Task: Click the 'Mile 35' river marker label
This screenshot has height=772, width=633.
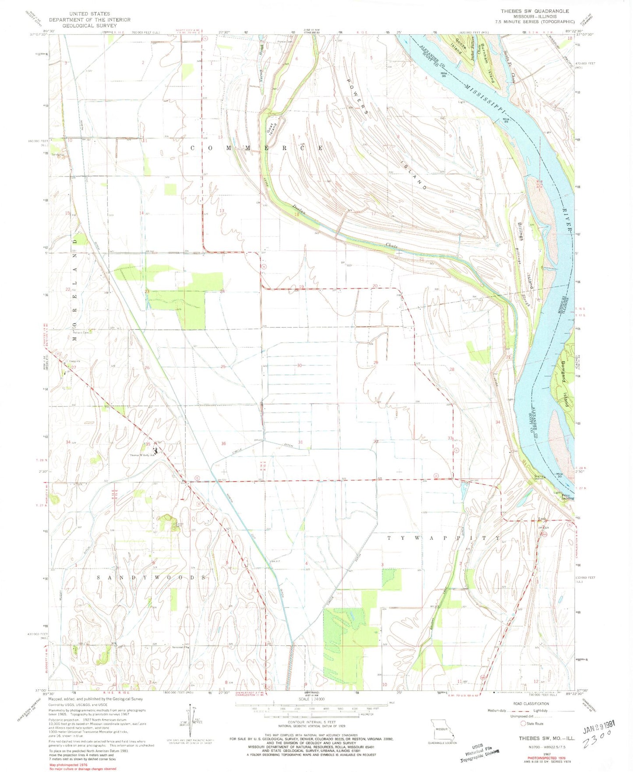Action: [x=506, y=120]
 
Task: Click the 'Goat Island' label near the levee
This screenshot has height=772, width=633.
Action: [x=269, y=128]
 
